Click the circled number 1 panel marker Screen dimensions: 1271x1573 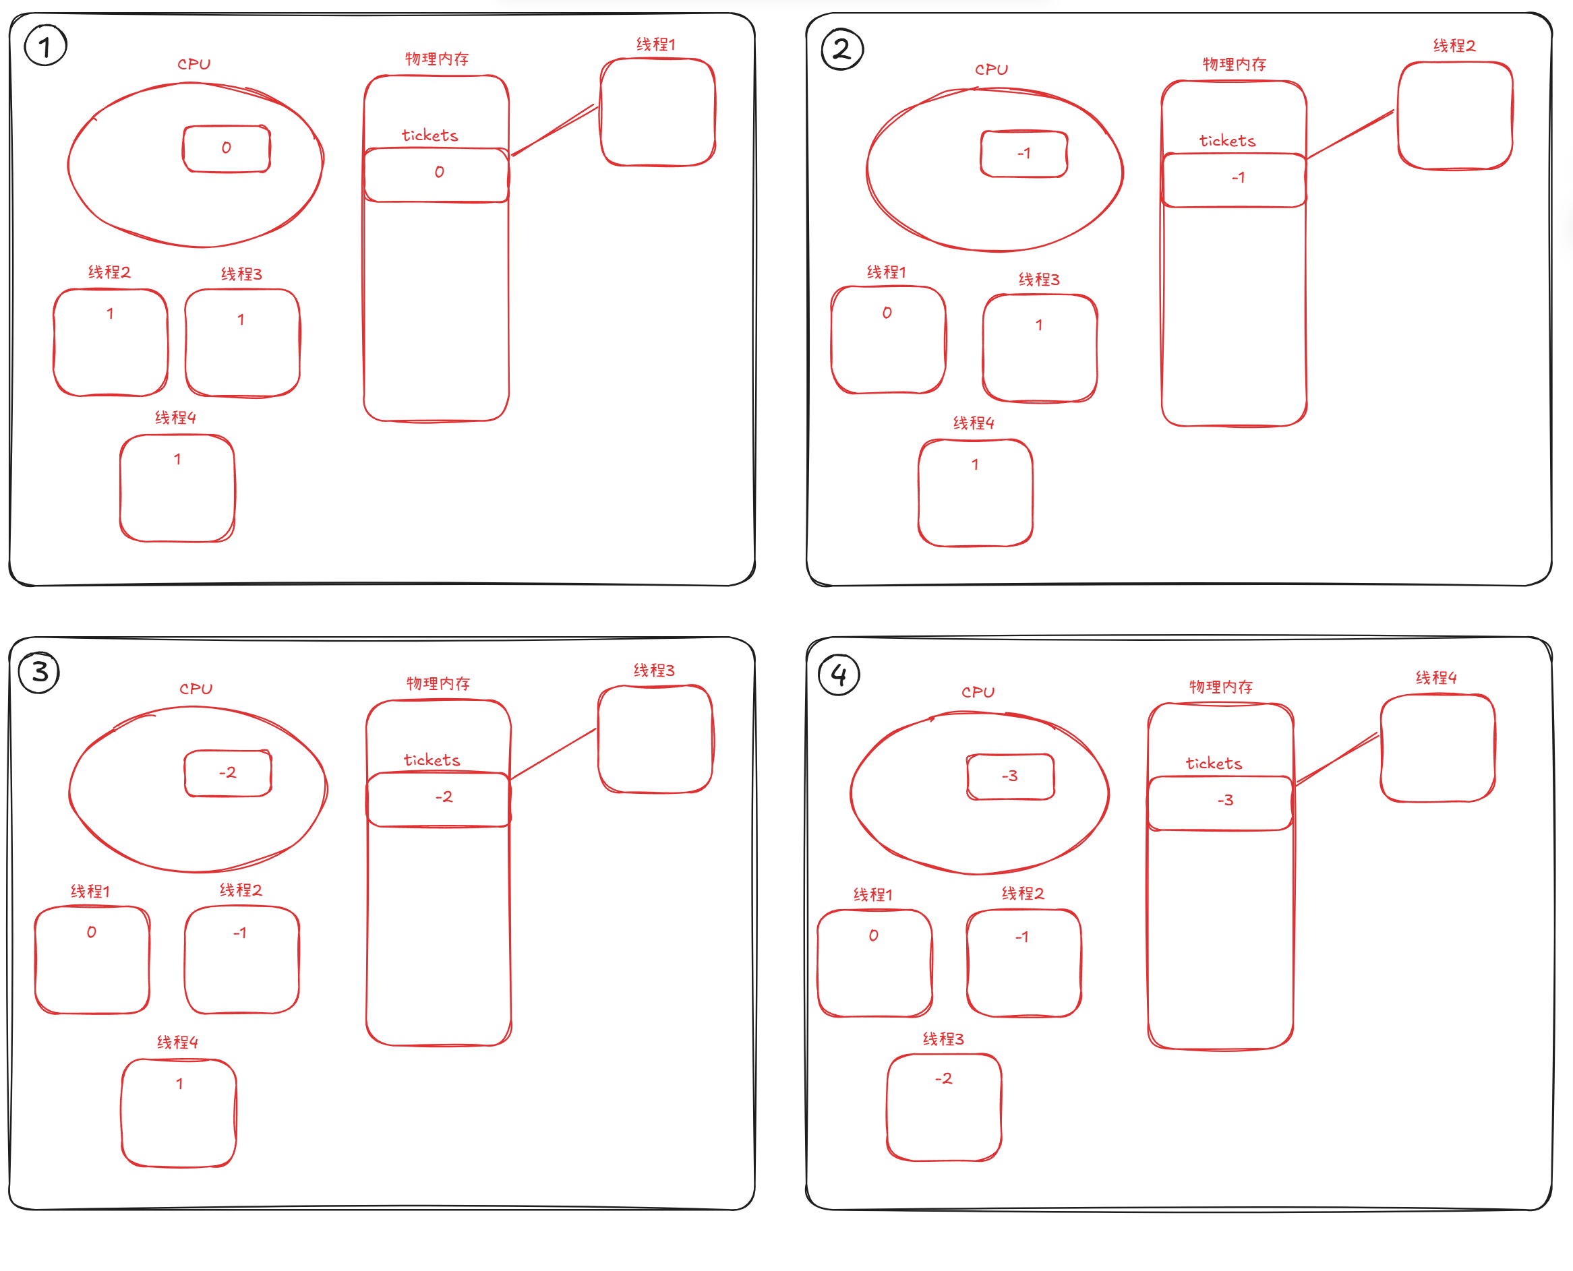[45, 46]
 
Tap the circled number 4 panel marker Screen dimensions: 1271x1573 [839, 675]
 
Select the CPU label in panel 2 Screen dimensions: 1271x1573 [992, 69]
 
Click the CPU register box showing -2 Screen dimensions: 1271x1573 [228, 772]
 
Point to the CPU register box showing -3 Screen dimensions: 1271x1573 [1010, 776]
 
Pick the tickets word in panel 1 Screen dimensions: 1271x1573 [430, 135]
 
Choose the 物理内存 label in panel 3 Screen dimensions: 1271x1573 [438, 683]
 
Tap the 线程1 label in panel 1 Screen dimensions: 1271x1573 [655, 44]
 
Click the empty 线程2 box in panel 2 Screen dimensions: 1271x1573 [1454, 116]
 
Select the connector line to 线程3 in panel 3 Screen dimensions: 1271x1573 [554, 753]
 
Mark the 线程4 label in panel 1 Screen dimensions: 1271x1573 [175, 417]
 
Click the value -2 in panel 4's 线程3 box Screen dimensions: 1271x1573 [943, 1078]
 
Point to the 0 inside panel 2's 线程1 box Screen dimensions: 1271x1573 [887, 313]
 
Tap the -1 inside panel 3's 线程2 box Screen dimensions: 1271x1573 [240, 933]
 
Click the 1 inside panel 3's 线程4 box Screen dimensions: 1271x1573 [179, 1084]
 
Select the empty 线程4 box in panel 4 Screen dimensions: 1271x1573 [1437, 747]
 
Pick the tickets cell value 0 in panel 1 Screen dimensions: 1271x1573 [439, 172]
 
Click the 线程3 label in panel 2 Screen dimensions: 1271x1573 [1038, 280]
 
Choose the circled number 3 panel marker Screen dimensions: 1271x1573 [40, 671]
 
